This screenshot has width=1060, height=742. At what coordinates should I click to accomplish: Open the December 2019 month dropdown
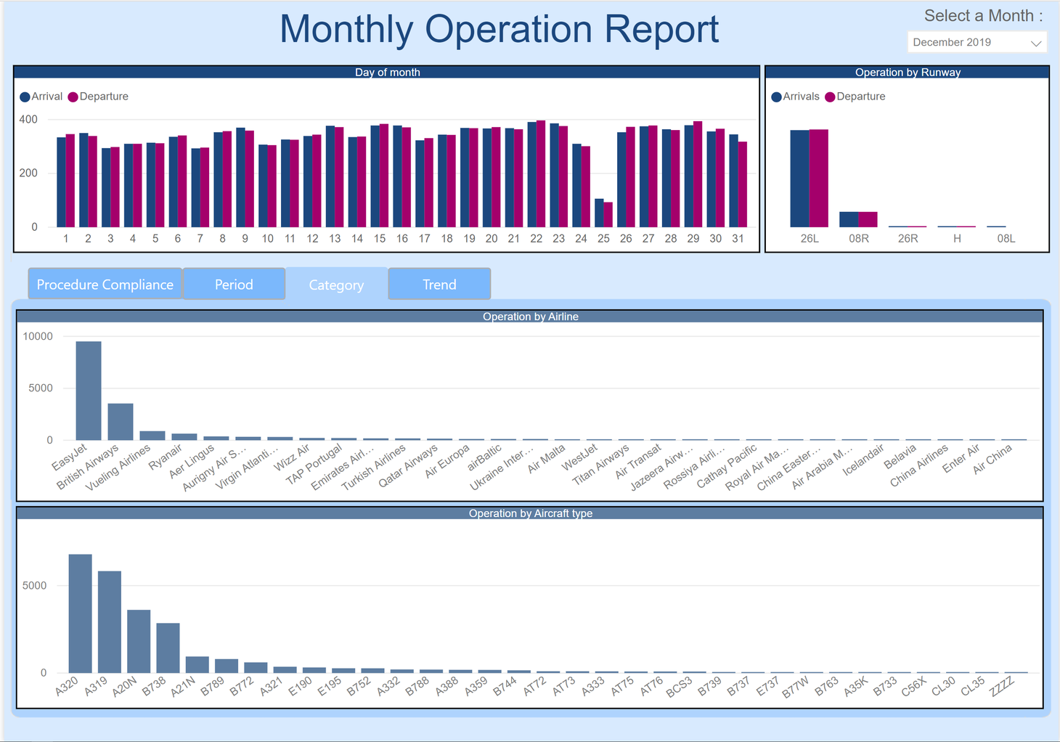977,43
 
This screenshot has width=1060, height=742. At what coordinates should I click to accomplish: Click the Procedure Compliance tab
105,285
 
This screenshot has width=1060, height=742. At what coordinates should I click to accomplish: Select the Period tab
234,285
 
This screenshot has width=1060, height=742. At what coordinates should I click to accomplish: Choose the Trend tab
439,285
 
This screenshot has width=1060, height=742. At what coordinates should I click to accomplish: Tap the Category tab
336,285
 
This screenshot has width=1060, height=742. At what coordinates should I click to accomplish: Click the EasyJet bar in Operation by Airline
89,391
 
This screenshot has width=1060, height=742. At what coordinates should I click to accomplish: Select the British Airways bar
121,422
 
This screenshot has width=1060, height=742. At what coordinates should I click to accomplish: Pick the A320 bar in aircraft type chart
81,614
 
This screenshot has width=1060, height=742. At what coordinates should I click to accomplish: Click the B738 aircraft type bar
168,648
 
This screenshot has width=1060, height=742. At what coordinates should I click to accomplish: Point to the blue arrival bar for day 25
599,213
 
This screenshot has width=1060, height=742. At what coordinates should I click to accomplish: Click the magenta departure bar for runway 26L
819,179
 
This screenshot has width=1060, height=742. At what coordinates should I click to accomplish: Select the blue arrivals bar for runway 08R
849,219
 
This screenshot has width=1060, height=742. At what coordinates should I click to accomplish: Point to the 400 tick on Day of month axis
28,120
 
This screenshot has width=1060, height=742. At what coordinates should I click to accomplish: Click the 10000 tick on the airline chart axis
38,336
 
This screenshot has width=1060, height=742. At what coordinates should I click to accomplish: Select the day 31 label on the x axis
738,238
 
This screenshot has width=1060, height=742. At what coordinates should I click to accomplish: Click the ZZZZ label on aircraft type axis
1003,685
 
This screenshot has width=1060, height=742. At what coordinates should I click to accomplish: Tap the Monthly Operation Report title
499,30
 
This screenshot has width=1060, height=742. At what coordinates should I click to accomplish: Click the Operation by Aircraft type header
530,513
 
